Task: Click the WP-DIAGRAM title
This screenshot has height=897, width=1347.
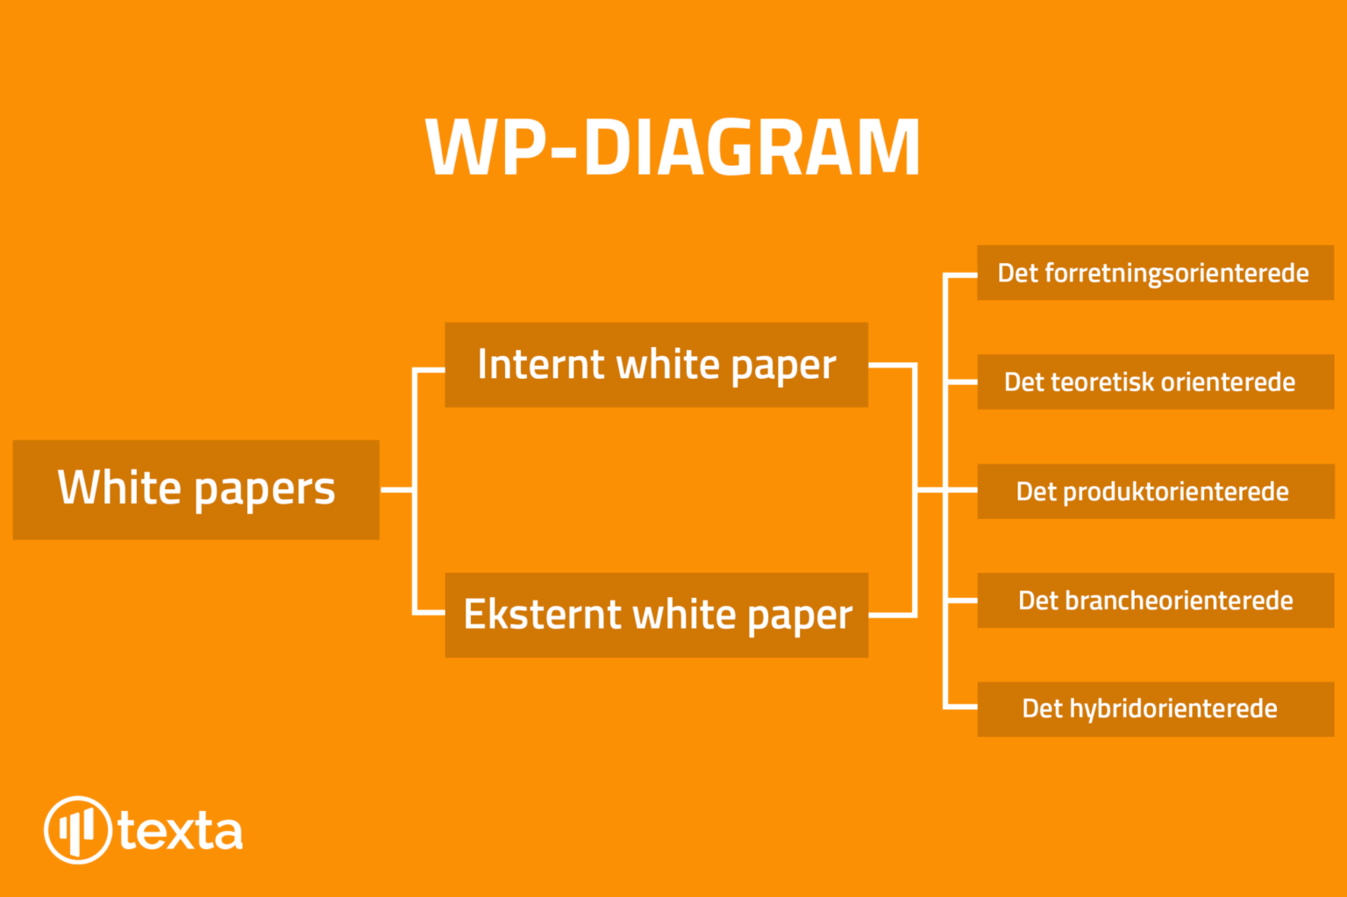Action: point(673,146)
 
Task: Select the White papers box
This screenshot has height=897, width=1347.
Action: point(196,489)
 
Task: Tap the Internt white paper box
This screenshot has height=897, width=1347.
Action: point(656,365)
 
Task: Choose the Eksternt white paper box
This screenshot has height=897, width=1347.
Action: point(657,615)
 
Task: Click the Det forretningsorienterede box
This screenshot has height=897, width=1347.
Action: point(1156,273)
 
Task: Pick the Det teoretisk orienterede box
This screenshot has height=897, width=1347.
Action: point(1156,381)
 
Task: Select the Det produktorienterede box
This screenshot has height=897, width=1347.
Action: point(1156,491)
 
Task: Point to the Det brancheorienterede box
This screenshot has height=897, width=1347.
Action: point(1156,601)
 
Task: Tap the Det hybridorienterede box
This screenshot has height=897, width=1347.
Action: point(1156,709)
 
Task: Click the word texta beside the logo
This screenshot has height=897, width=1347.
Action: point(181,831)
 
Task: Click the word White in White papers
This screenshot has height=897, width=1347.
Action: point(118,487)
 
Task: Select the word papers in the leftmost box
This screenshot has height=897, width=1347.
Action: point(265,490)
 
